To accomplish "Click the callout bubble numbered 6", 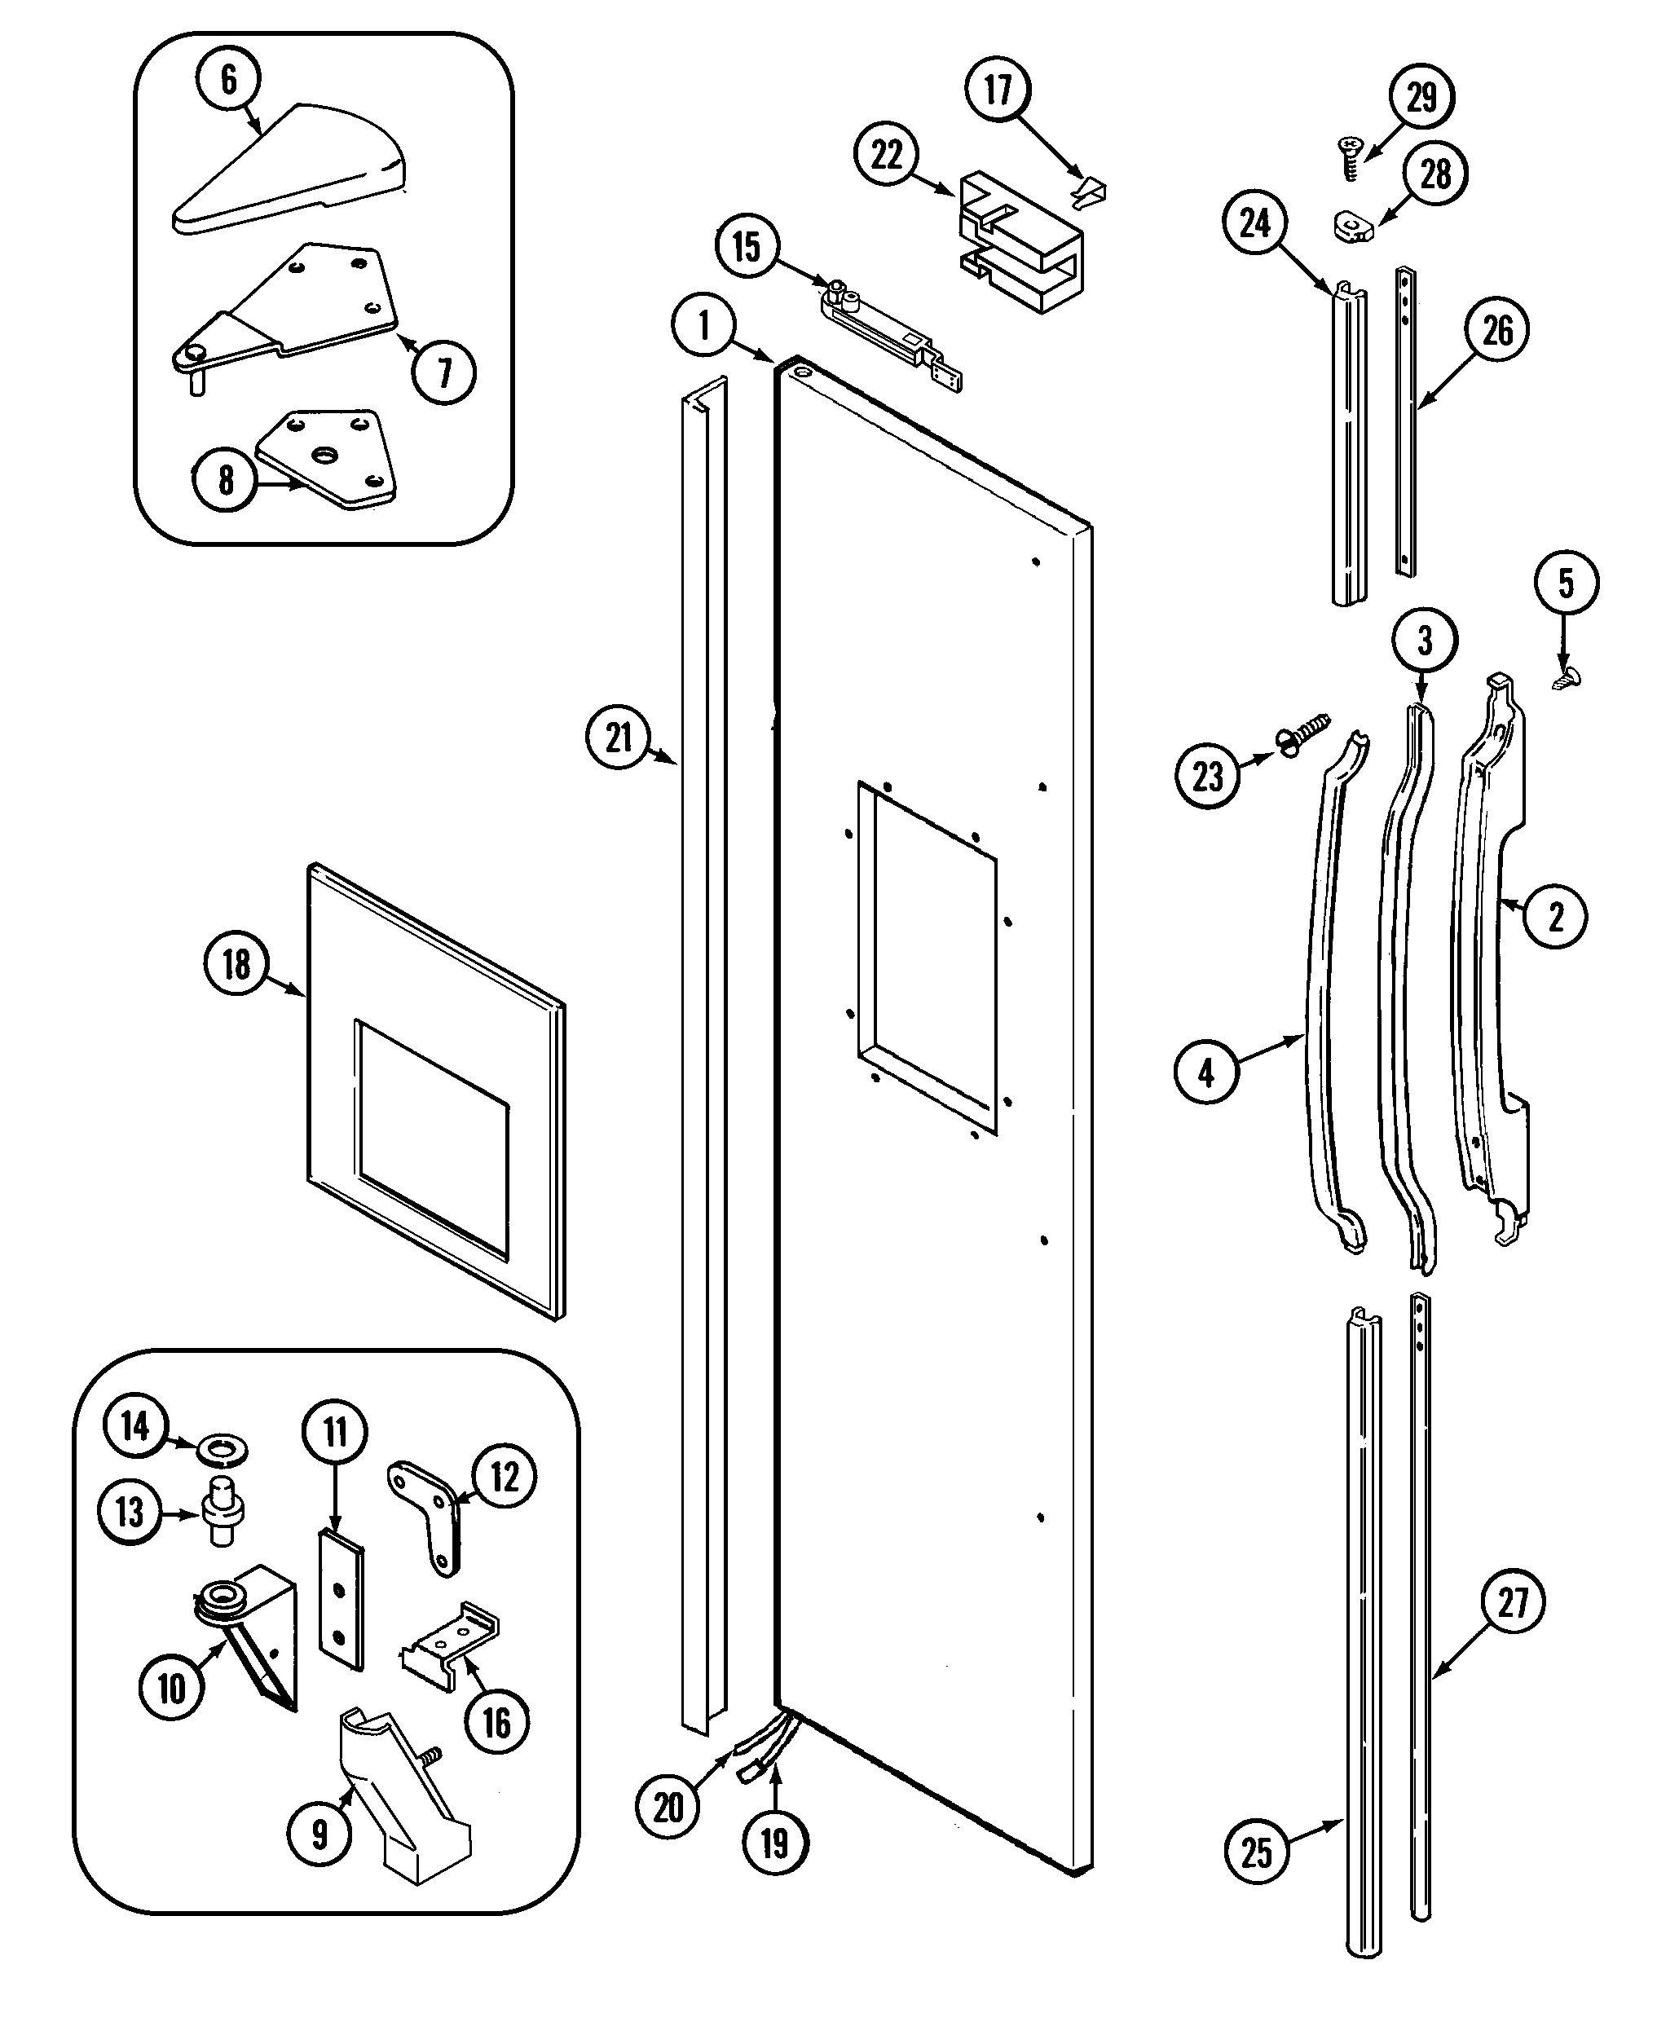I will (x=229, y=79).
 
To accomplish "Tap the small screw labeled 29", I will (x=1349, y=158).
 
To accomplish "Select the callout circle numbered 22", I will (x=887, y=155).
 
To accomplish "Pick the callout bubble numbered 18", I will (x=236, y=964).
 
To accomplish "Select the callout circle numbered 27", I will (x=1514, y=1601).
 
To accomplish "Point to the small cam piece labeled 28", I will (x=1351, y=227).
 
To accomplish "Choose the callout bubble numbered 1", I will (x=704, y=325).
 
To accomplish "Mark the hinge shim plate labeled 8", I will (x=328, y=459).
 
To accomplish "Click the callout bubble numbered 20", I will (x=668, y=1806).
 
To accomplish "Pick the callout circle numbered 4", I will (x=1206, y=1072).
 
